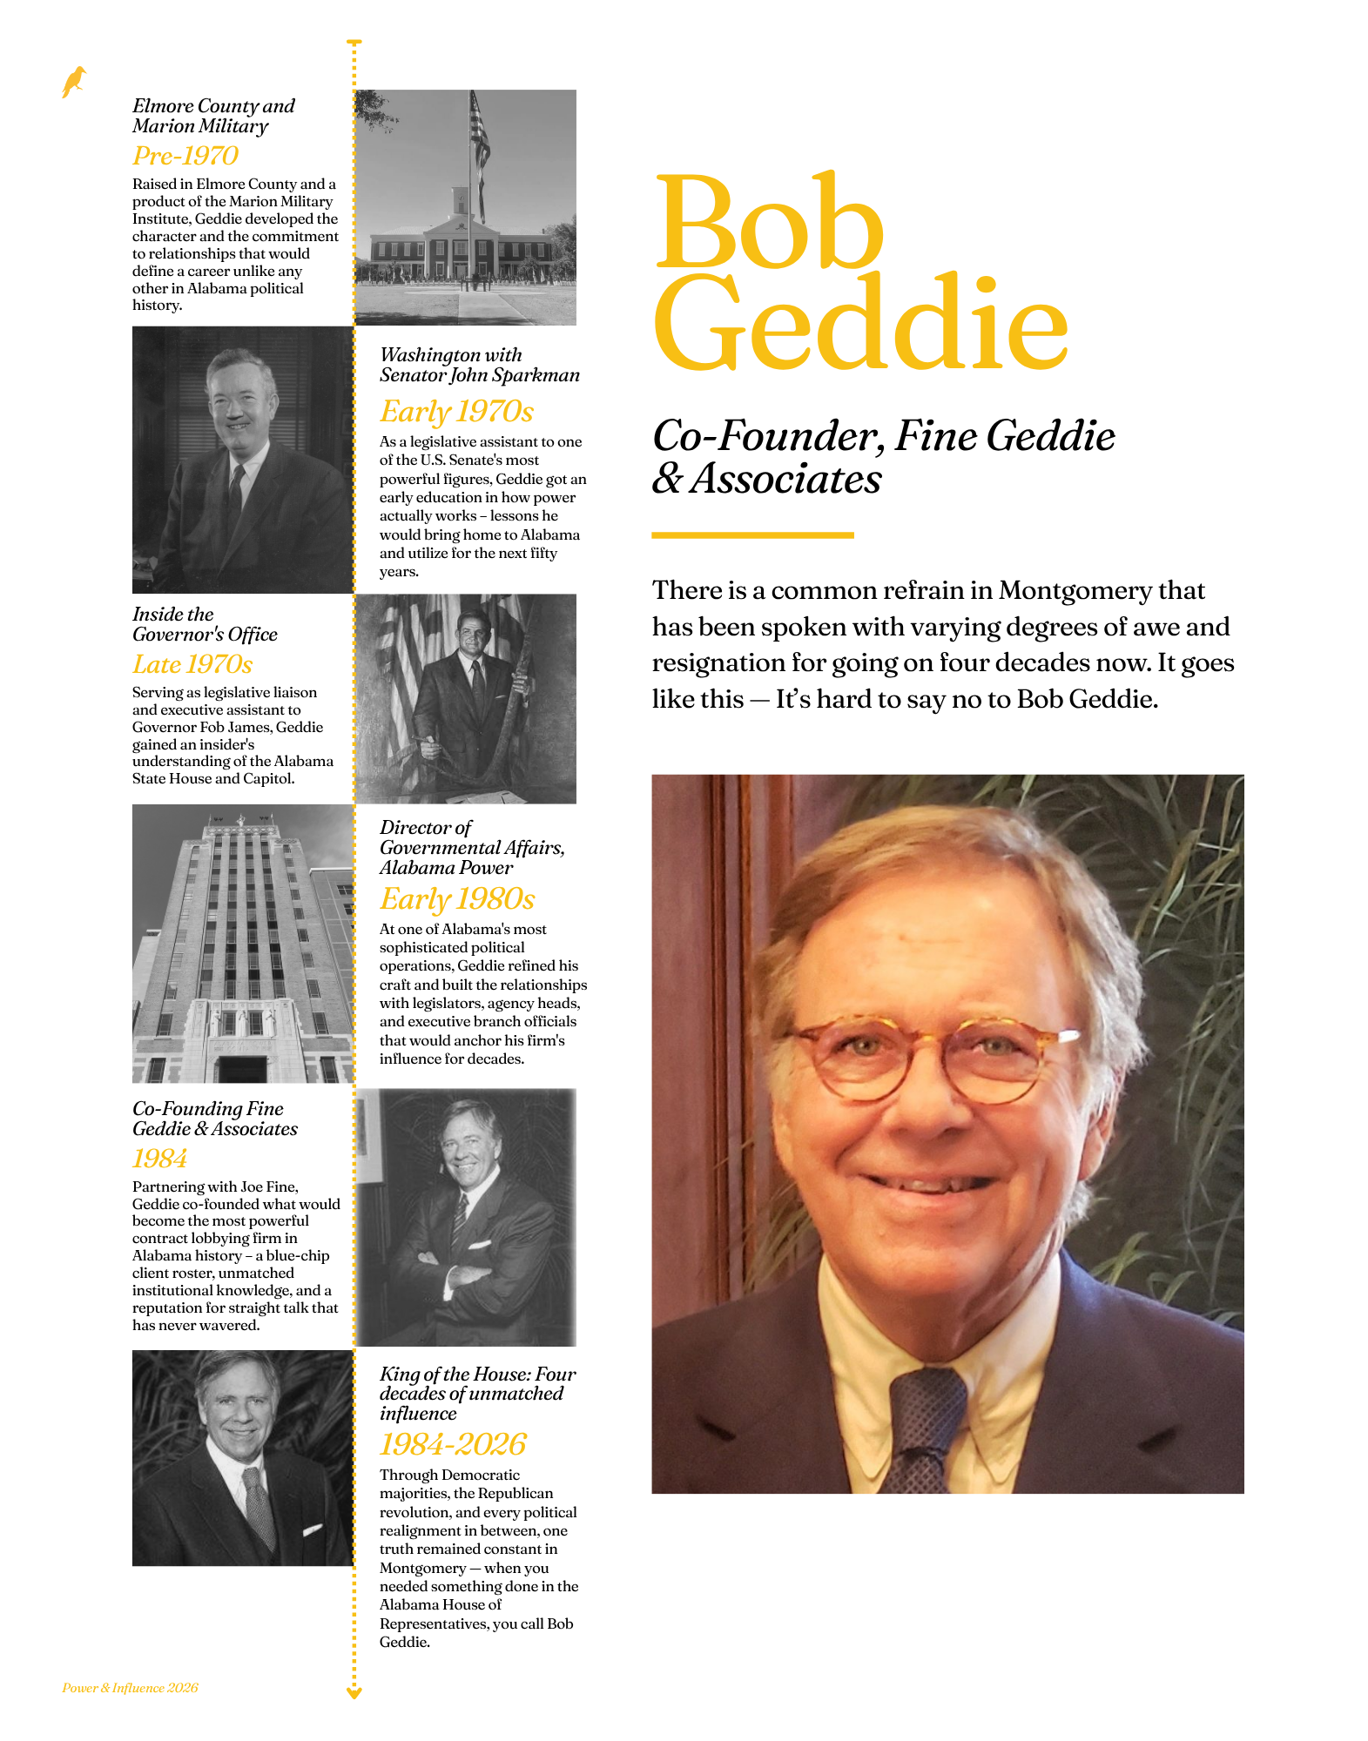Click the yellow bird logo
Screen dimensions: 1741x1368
click(x=74, y=82)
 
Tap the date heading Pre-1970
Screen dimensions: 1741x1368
click(x=185, y=156)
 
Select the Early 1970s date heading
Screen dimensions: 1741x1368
click(x=456, y=411)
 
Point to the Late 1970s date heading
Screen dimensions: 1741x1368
click(x=192, y=664)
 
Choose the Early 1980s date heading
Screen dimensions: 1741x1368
click(x=457, y=898)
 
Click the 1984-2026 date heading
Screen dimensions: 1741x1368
click(x=453, y=1444)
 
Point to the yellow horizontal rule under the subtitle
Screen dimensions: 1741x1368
click(x=752, y=534)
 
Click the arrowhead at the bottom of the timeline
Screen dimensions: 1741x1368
click(x=354, y=1692)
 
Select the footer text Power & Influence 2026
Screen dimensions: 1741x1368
click(x=130, y=1688)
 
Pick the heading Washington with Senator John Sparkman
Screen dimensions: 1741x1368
click(x=479, y=365)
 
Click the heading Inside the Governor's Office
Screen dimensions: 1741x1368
click(x=205, y=624)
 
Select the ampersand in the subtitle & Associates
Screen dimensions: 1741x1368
click(x=667, y=478)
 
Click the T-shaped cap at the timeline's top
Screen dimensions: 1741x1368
click(x=354, y=42)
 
